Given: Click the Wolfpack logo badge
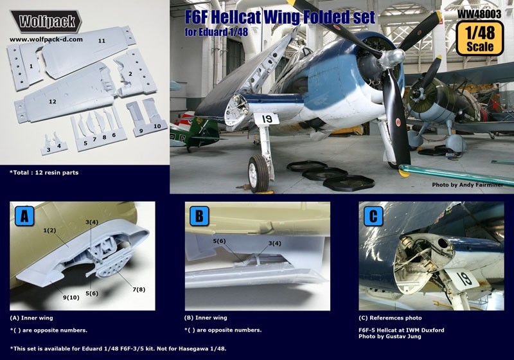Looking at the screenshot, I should tap(46, 21).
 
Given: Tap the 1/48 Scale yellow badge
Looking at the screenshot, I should tap(479, 39).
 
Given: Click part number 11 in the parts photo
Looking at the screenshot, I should tap(102, 40).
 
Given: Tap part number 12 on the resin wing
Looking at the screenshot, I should tap(52, 102).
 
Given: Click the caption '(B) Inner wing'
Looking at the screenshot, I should tap(206, 318).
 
